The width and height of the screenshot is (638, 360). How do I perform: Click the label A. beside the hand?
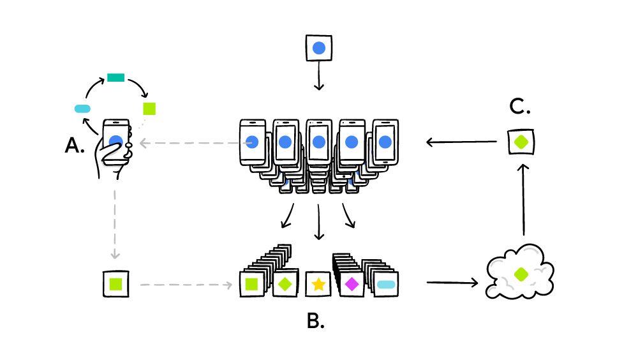(75, 146)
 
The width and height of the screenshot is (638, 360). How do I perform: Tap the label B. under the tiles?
(316, 320)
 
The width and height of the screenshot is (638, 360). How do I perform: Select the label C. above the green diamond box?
(521, 107)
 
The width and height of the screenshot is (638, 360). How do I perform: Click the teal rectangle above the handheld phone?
(115, 77)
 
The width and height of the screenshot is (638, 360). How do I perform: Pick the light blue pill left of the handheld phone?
(83, 109)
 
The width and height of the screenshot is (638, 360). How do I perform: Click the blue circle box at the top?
(319, 49)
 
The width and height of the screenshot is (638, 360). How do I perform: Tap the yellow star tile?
(318, 284)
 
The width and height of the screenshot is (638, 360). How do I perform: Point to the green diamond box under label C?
(521, 142)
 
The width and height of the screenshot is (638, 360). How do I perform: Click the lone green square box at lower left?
(116, 283)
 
